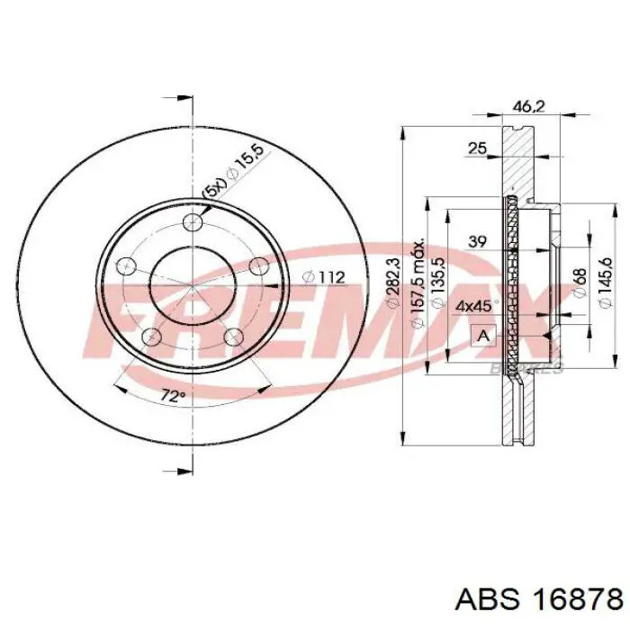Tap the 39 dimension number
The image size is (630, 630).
pyautogui.click(x=477, y=240)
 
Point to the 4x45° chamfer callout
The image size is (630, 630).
pyautogui.click(x=473, y=306)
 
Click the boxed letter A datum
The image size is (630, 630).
pyautogui.click(x=483, y=337)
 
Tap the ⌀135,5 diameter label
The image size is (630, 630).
pyautogui.click(x=437, y=282)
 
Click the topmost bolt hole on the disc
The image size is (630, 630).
pyautogui.click(x=192, y=224)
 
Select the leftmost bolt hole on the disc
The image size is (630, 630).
pyautogui.click(x=127, y=266)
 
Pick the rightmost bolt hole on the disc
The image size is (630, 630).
pyautogui.click(x=258, y=265)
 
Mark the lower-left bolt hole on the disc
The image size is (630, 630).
pyautogui.click(x=152, y=337)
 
